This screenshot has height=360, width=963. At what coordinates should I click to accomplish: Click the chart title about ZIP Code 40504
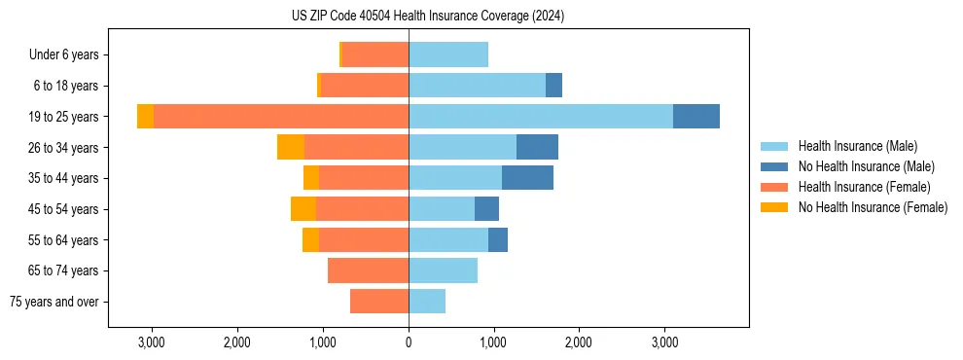coord(428,17)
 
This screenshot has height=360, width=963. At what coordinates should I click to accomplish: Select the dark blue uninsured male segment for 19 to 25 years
coord(696,117)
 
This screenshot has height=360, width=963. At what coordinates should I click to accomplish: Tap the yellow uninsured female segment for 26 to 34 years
coord(291,147)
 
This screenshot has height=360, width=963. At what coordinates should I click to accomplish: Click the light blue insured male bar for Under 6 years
coord(448,54)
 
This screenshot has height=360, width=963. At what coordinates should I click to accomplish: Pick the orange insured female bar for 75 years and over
coord(379,302)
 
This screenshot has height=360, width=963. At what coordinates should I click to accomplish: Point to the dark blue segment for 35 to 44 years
coord(527,178)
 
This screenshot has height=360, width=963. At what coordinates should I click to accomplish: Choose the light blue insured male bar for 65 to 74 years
coord(443,270)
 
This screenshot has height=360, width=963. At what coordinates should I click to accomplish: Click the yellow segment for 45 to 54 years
coord(303,209)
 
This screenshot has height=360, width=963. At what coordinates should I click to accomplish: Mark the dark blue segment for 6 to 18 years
coord(553,86)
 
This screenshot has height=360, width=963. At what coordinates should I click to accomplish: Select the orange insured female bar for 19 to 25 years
coord(281,117)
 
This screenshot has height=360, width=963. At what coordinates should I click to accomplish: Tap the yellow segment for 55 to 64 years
coord(310,239)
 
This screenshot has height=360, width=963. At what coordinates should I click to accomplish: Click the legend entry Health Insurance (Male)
coord(857,146)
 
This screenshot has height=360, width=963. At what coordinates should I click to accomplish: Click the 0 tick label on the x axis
coord(409,342)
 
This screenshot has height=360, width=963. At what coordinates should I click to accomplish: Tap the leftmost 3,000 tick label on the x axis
coord(152,342)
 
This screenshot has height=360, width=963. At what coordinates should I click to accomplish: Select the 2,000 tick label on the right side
coord(579,342)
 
